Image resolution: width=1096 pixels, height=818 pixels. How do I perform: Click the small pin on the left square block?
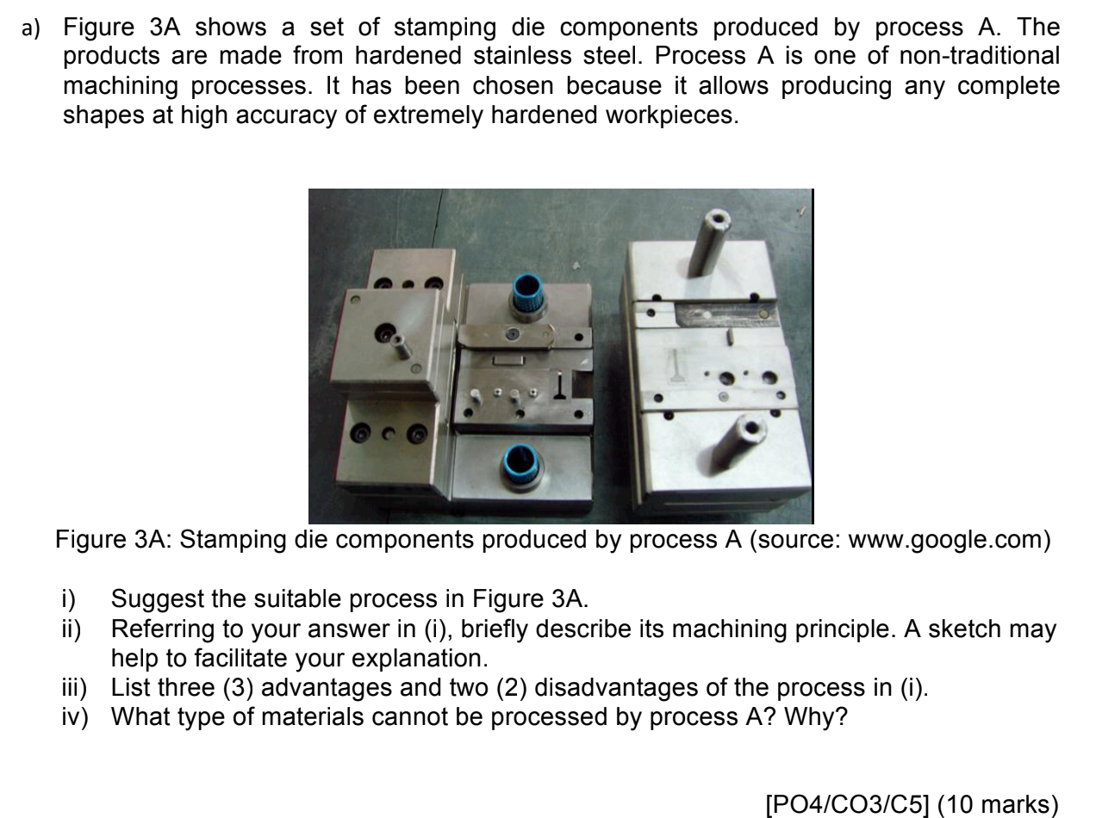tap(401, 350)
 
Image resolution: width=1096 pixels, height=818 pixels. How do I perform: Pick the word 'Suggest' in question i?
tap(150, 594)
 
